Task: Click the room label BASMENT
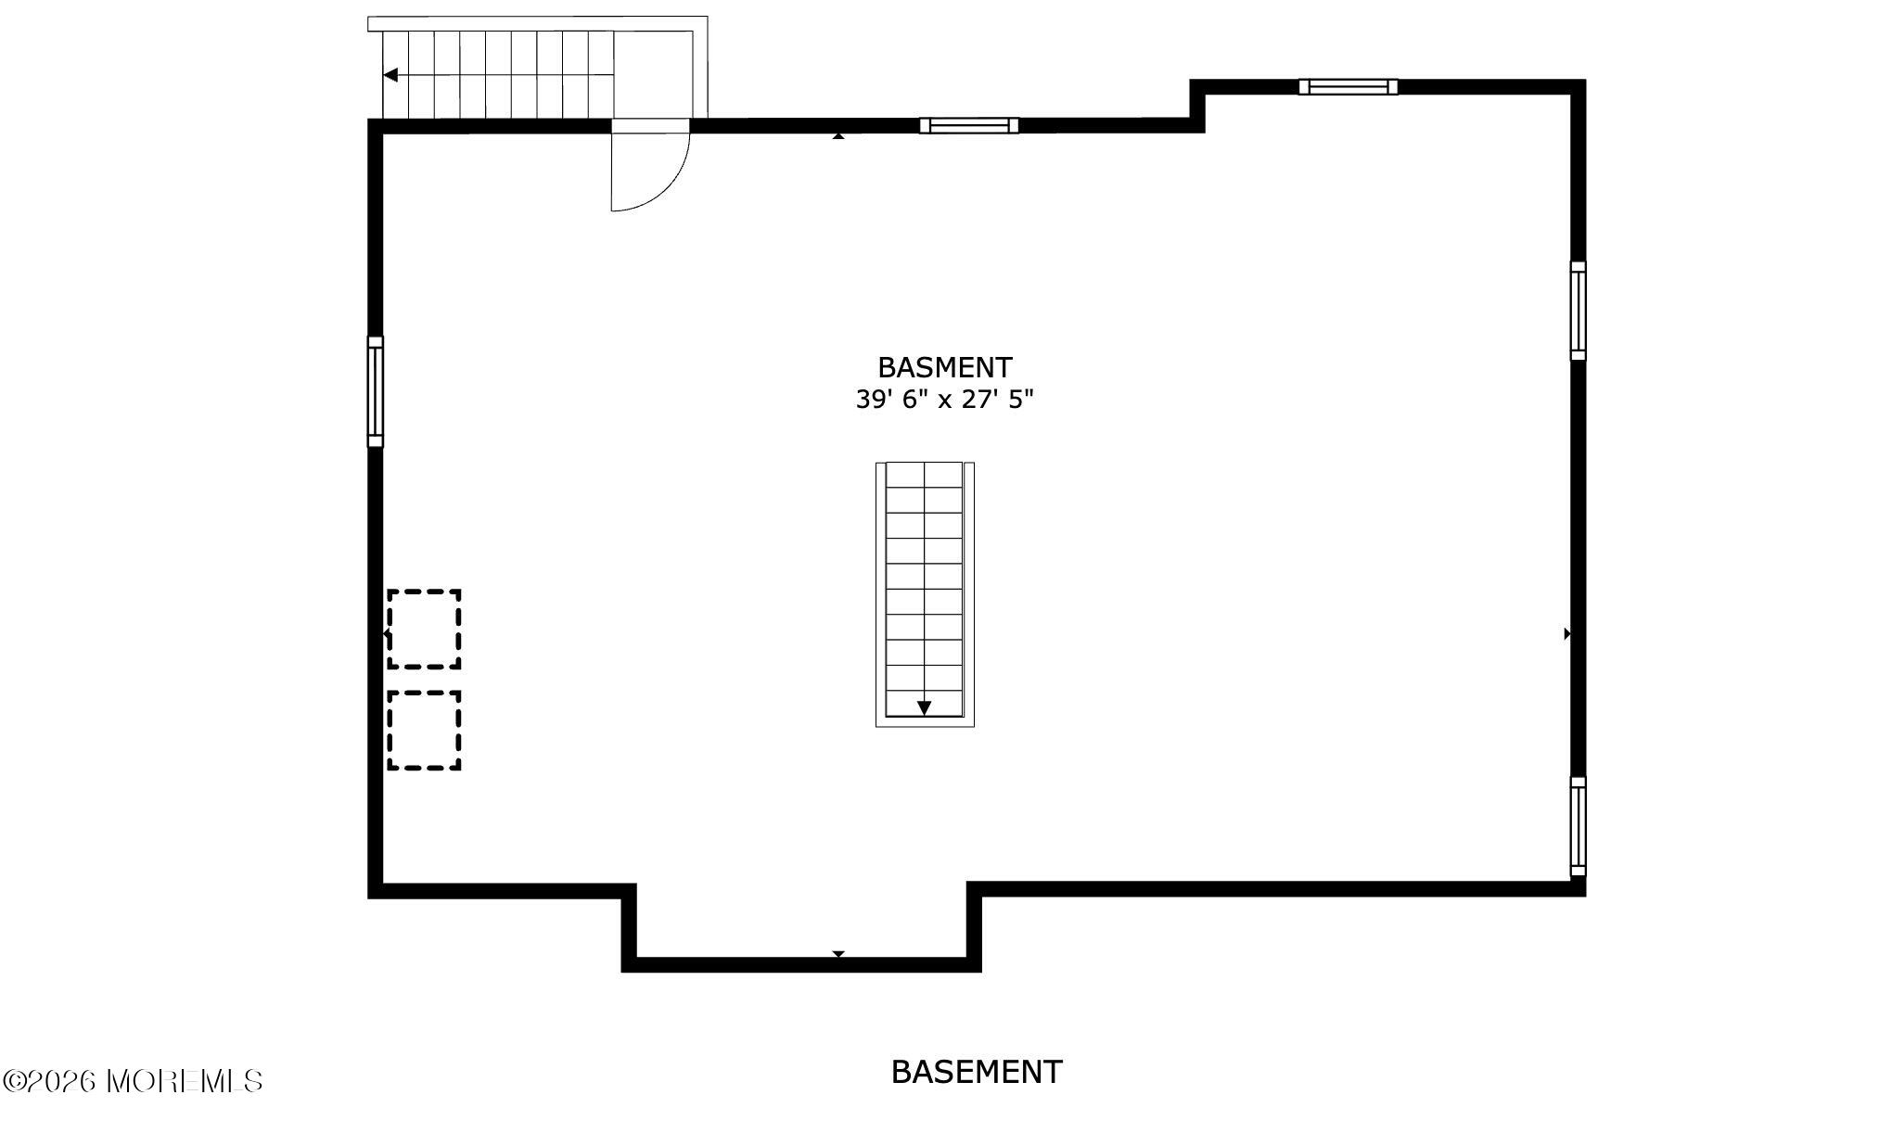tap(944, 368)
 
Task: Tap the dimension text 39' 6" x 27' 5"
tap(944, 400)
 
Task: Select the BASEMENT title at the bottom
tap(977, 1072)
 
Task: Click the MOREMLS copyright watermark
tap(133, 1081)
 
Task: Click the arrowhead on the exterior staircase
tap(390, 75)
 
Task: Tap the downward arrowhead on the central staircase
tap(924, 707)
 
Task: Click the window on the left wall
tap(375, 391)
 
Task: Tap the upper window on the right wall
tap(1578, 311)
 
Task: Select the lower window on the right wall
tap(1578, 826)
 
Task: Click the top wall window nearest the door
tap(969, 125)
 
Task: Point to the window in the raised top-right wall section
tap(1348, 87)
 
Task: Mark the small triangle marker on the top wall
tap(838, 136)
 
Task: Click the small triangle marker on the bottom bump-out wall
tap(838, 953)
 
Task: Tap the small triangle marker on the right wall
tap(1566, 634)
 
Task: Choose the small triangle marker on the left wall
tap(386, 633)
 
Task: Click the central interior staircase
tap(925, 594)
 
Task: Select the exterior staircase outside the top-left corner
tap(538, 69)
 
